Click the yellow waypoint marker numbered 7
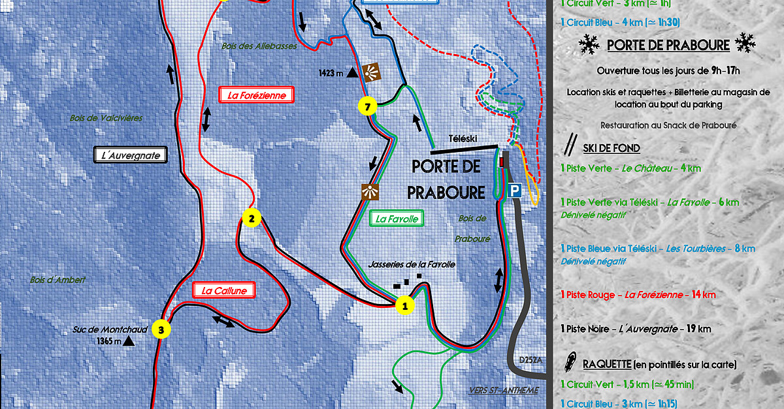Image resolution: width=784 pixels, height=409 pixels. [368, 106]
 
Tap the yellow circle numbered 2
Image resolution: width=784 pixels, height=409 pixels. [251, 219]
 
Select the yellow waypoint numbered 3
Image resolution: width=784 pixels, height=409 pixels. [161, 329]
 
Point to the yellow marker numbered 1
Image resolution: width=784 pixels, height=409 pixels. [405, 305]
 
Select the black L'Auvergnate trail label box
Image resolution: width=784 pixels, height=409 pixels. [131, 155]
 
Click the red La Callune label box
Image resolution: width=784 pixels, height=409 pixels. [224, 291]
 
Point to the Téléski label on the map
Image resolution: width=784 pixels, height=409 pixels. [463, 139]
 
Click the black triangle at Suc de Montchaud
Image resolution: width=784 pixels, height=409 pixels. [129, 341]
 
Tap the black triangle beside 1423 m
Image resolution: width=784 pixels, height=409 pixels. [352, 73]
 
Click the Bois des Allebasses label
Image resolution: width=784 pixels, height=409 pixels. [259, 47]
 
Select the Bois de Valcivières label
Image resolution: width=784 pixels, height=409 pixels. [106, 118]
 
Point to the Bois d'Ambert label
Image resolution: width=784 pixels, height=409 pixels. [58, 280]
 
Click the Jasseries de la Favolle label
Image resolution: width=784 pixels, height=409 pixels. [412, 264]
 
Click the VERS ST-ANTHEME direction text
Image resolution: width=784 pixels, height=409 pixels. [503, 391]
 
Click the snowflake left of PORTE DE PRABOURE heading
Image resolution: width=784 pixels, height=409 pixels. [589, 44]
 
